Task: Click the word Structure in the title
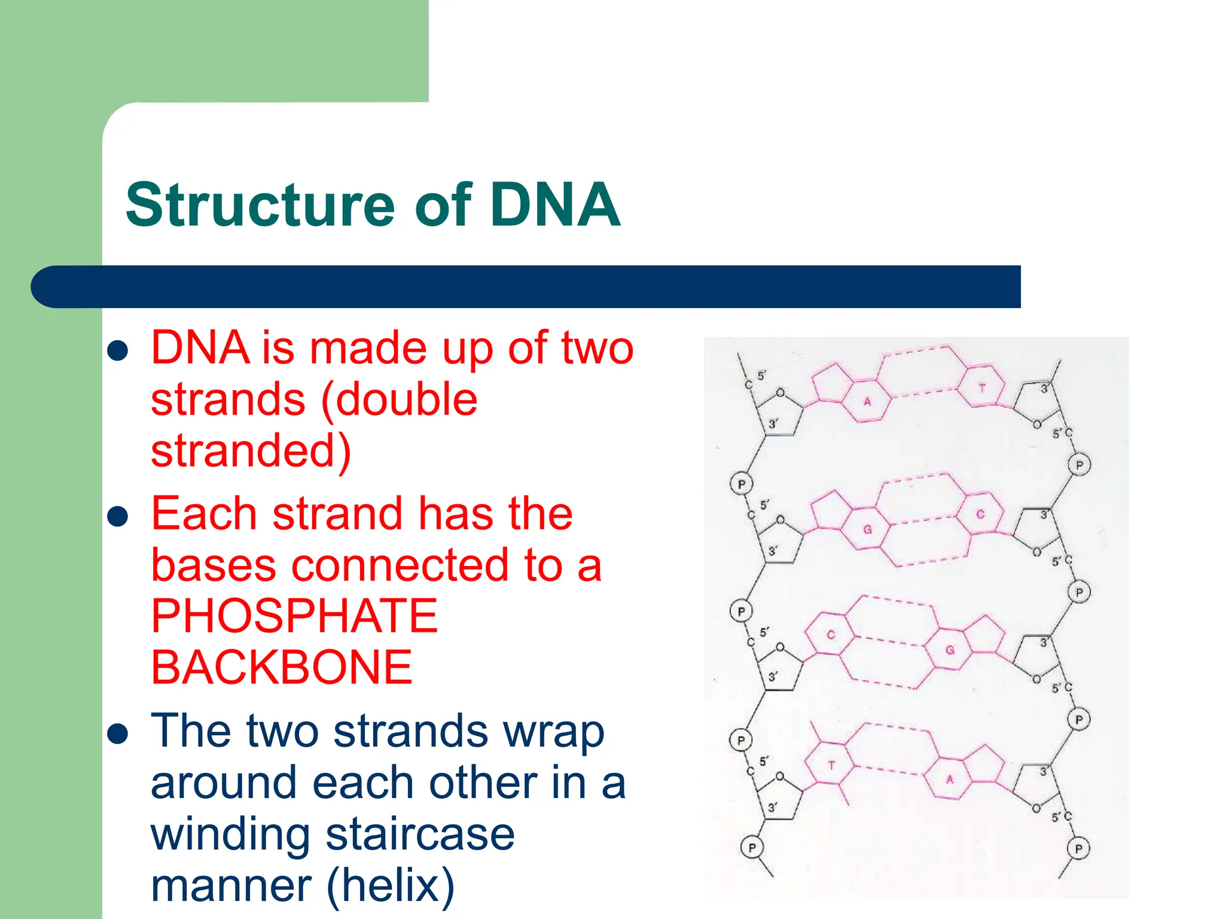[260, 205]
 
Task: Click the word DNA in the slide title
[554, 205]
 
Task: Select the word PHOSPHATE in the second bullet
[294, 616]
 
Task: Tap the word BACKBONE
[282, 668]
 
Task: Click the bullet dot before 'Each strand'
[118, 516]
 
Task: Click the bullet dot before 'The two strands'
[118, 734]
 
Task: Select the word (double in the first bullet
[399, 400]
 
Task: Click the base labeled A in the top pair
[867, 401]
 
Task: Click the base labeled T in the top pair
[982, 388]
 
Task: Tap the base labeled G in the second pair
[867, 530]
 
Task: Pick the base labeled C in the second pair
[980, 514]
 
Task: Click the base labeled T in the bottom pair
[831, 765]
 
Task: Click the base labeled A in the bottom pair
[949, 779]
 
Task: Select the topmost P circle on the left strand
[742, 484]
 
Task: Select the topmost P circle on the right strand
[1079, 465]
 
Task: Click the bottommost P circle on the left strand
[752, 847]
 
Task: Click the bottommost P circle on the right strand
[1078, 848]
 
